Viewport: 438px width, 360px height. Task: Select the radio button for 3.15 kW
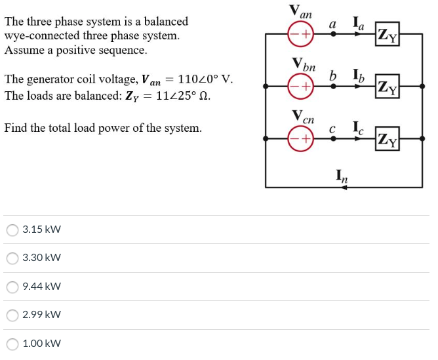click(x=12, y=230)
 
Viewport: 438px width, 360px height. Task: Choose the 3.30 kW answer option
click(x=12, y=258)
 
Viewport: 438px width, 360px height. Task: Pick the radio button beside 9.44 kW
click(x=12, y=287)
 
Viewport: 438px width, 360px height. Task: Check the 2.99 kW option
click(x=12, y=315)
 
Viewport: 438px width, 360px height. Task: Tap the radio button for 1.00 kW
click(x=12, y=344)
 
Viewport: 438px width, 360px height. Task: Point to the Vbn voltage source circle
click(x=302, y=86)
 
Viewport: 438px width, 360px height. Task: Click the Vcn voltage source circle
click(x=302, y=138)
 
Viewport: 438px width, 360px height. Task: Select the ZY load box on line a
click(x=388, y=34)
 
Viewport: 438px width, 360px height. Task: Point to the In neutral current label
click(x=342, y=176)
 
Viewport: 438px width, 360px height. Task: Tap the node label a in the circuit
click(x=333, y=24)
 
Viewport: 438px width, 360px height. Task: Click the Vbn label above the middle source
click(x=304, y=65)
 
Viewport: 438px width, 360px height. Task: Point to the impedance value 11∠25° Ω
click(x=180, y=95)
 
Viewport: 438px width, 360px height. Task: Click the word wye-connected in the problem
click(x=39, y=35)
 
